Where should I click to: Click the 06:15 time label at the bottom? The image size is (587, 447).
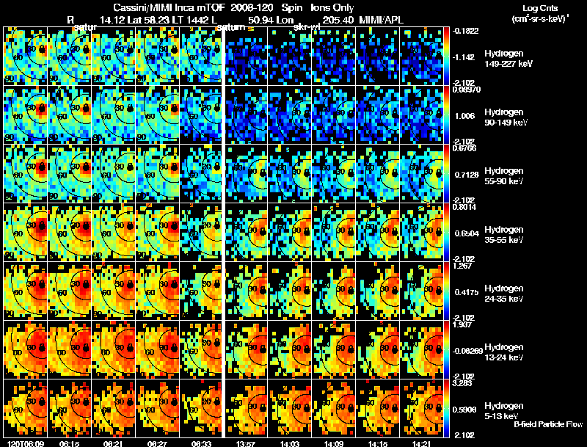[x=70, y=443]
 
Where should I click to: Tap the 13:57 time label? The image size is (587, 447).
[x=242, y=443]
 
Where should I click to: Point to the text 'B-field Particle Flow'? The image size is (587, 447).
[x=548, y=425]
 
